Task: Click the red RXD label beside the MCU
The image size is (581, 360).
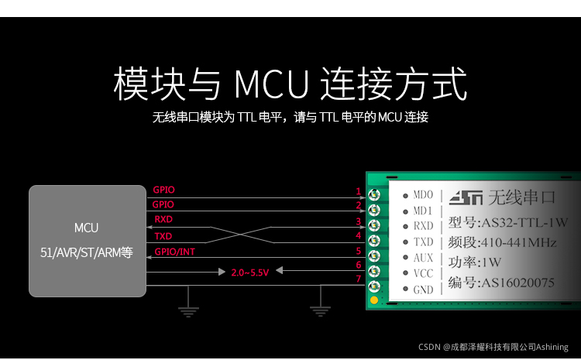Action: pyautogui.click(x=163, y=220)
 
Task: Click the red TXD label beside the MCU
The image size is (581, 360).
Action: pyautogui.click(x=163, y=236)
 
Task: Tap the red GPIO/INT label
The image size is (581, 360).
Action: pyautogui.click(x=174, y=252)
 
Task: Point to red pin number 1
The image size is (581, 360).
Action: pyautogui.click(x=358, y=191)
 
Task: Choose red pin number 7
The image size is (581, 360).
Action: pyautogui.click(x=358, y=279)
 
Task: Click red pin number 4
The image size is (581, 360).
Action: pyautogui.click(x=358, y=235)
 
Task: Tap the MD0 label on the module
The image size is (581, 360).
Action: pyautogui.click(x=423, y=195)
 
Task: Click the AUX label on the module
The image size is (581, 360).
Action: pyautogui.click(x=423, y=258)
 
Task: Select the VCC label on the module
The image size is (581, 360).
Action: pyautogui.click(x=423, y=273)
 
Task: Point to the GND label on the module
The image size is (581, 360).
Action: pyautogui.click(x=423, y=290)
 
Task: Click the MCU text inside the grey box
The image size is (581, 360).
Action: pyautogui.click(x=87, y=228)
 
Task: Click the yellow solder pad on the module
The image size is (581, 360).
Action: pyautogui.click(x=374, y=299)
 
